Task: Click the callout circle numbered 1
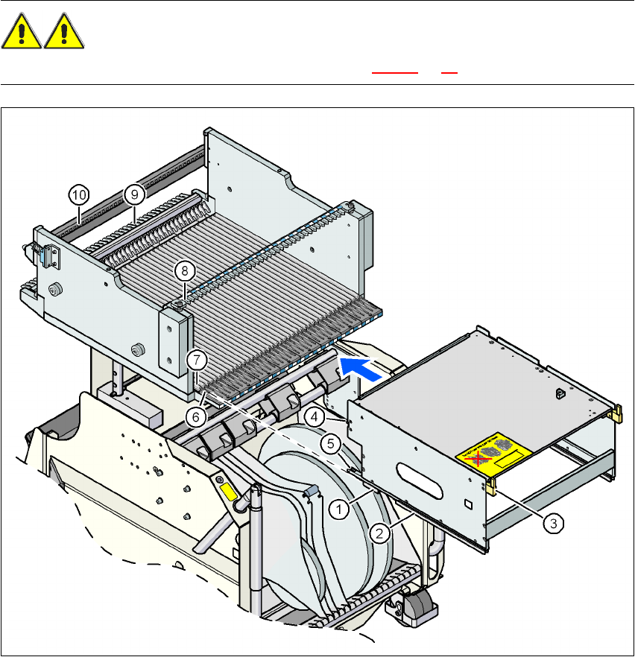(x=339, y=510)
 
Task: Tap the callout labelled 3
(x=552, y=524)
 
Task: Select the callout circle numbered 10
(x=80, y=194)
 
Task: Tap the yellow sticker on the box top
(x=495, y=454)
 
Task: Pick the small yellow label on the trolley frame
(x=227, y=492)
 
